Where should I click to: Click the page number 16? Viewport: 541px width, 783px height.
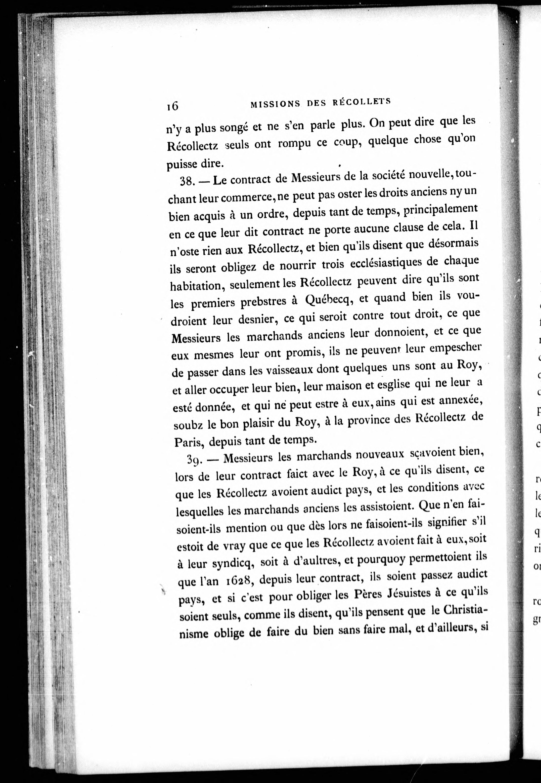(x=172, y=106)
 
